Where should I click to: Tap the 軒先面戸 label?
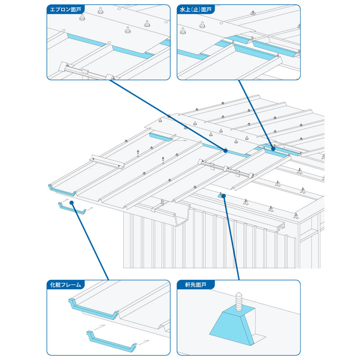[193, 284]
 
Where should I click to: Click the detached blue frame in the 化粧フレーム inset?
[110, 341]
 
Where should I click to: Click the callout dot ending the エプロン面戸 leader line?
[225, 151]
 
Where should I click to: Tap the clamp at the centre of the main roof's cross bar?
[225, 168]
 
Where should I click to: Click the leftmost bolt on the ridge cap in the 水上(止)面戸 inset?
[183, 30]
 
